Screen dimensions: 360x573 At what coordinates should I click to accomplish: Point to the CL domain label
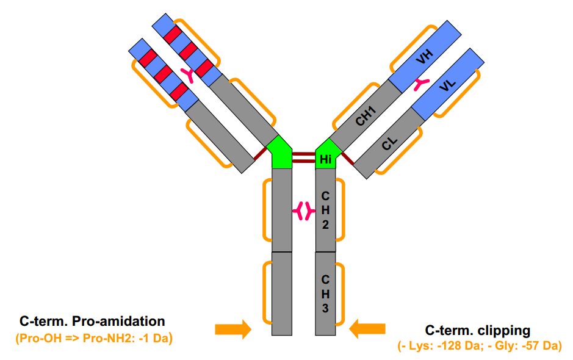[x=389, y=144]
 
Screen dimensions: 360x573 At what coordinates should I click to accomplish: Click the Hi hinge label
[x=325, y=159]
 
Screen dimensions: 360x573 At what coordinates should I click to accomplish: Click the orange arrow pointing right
[x=232, y=329]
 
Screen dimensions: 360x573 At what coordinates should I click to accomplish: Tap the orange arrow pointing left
[x=367, y=329]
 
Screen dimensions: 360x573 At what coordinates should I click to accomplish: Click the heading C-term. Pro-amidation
[x=92, y=321]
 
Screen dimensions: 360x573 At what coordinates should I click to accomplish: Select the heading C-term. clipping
[x=478, y=331]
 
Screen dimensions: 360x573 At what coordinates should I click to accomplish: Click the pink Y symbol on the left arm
[x=189, y=75]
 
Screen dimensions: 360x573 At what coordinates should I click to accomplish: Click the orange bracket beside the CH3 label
[x=341, y=293]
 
